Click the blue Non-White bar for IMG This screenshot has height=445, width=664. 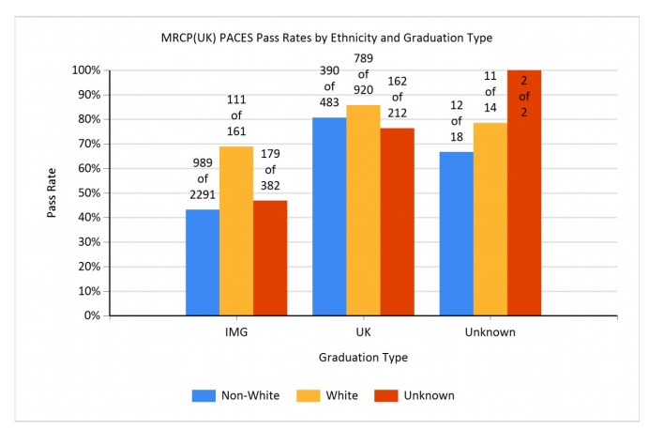203,263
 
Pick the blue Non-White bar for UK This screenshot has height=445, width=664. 329,217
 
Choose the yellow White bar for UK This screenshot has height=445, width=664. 363,210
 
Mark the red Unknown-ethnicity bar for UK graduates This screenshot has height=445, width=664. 397,222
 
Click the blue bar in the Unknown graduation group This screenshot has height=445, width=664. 457,234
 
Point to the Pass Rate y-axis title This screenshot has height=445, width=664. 53,192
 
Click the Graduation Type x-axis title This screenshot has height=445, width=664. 363,358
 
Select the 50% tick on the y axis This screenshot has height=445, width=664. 87,193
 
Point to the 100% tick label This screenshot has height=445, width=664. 84,70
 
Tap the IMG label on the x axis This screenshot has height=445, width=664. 236,331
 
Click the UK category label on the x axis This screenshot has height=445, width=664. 363,331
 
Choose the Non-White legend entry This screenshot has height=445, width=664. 238,395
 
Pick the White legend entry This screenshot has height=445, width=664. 329,395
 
